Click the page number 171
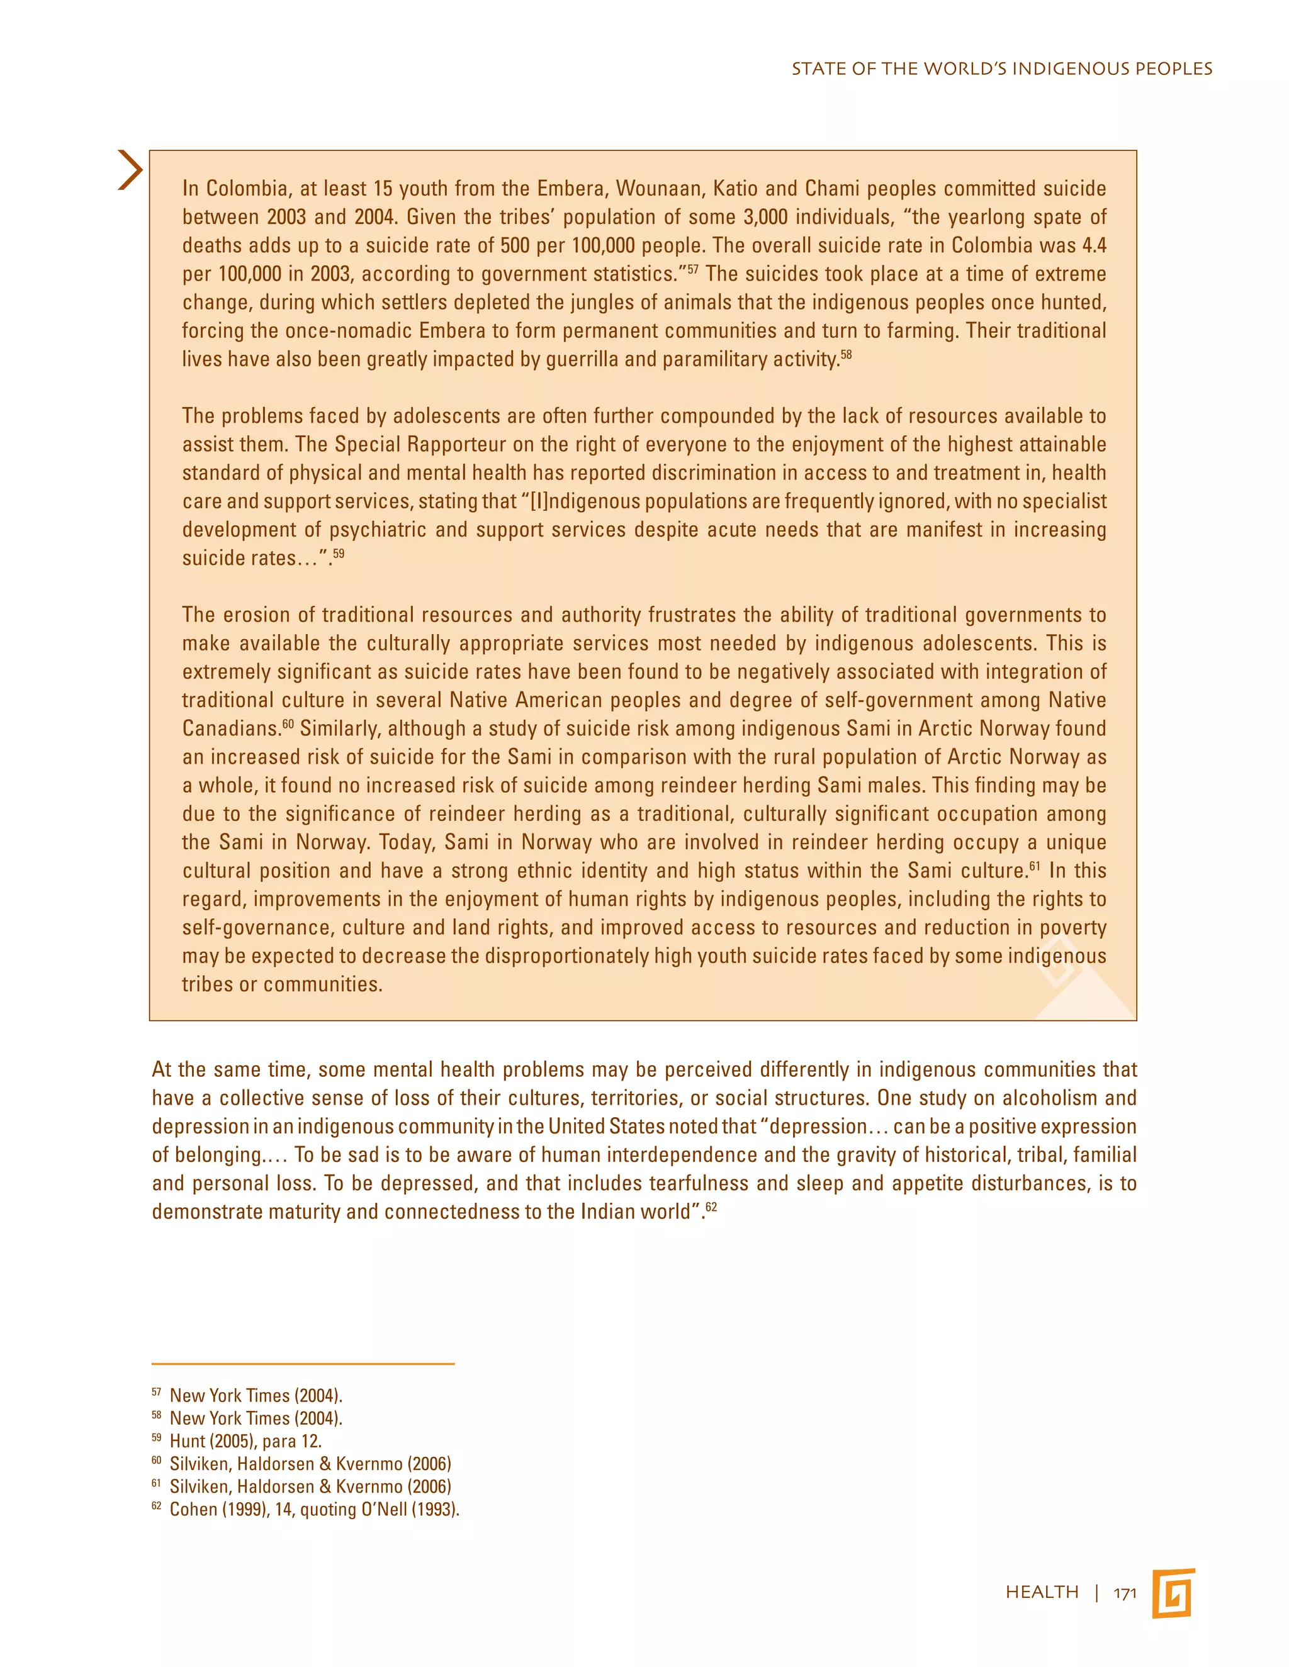coord(1125,1593)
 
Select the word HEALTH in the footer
coord(1042,1592)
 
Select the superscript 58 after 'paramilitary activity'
coord(845,355)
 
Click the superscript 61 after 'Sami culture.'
coord(1035,866)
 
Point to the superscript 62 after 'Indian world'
coord(711,1208)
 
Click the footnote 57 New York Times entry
coord(256,1395)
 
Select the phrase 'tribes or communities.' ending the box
coord(282,984)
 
